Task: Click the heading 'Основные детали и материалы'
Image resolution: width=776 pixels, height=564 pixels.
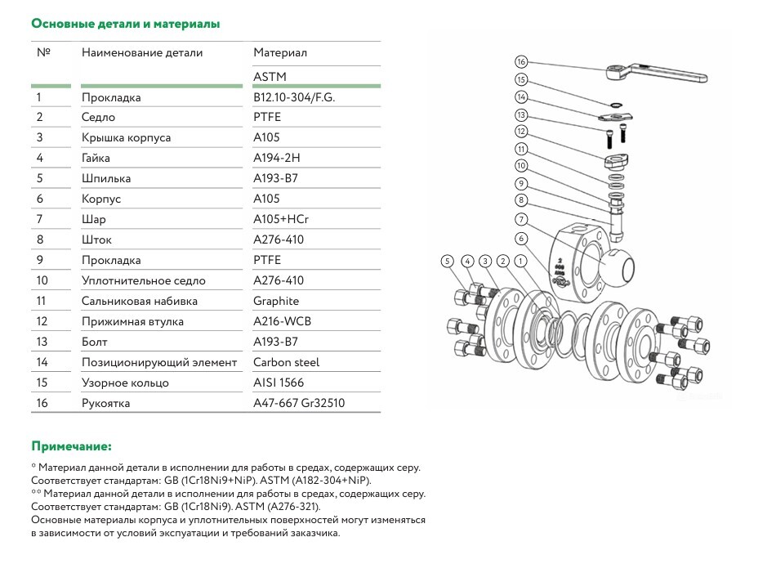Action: [x=125, y=24]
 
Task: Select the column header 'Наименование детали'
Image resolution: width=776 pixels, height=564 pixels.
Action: [x=142, y=52]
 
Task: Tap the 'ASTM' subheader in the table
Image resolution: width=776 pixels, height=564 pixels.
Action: [x=270, y=77]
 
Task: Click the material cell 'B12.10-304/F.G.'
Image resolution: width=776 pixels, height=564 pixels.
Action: [x=294, y=97]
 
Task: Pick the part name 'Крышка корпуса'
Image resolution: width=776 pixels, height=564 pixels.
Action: [x=126, y=137]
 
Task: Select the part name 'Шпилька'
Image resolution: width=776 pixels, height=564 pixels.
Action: [x=105, y=178]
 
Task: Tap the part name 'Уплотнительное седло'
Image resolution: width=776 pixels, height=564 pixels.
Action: [x=143, y=280]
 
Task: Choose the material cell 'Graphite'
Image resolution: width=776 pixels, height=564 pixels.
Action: [x=276, y=301]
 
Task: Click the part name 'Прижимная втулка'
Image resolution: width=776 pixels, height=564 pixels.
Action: [x=132, y=321]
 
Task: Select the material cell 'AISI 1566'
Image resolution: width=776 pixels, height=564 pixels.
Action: [x=279, y=383]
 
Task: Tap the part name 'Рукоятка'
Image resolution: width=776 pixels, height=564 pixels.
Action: [x=105, y=403]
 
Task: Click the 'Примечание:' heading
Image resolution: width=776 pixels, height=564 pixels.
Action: [x=71, y=446]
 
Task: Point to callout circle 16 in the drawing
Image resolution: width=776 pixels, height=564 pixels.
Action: [x=522, y=61]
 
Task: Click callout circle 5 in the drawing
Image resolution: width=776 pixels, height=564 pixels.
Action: [x=447, y=261]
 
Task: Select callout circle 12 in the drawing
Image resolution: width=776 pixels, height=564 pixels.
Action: [x=522, y=131]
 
